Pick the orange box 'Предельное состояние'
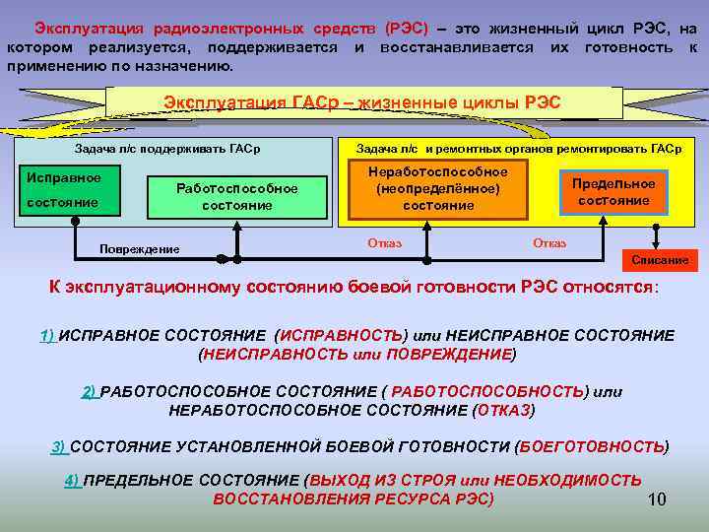tap(613, 192)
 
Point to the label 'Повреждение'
tap(140, 249)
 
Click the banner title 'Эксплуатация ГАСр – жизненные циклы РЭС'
tap(362, 103)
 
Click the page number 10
tap(657, 499)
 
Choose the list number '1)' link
tap(47, 335)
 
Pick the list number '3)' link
tap(59, 446)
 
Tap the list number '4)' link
tap(72, 481)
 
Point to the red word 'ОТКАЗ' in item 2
tap(502, 410)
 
